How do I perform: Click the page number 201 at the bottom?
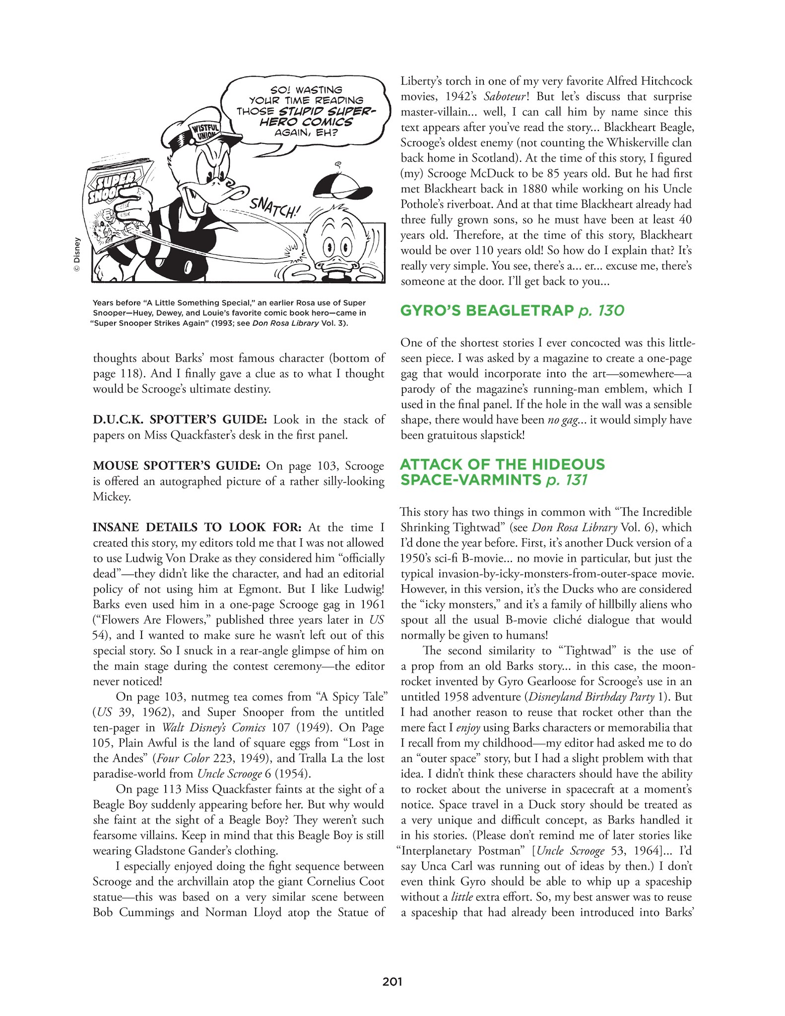392,981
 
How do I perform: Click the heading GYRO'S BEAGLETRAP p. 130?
512,311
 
